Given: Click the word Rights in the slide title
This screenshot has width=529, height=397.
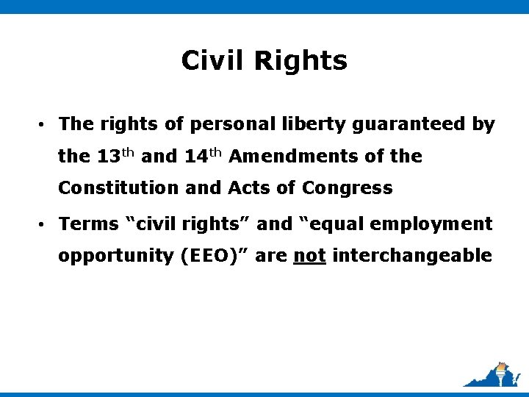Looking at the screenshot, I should click(x=301, y=62).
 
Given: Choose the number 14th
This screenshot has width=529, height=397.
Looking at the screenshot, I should click(x=204, y=156).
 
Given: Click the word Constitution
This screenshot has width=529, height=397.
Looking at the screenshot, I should click(x=118, y=188).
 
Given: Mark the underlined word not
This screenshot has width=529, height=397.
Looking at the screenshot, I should click(x=309, y=257).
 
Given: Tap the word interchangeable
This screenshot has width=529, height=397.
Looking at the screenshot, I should click(x=411, y=256).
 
